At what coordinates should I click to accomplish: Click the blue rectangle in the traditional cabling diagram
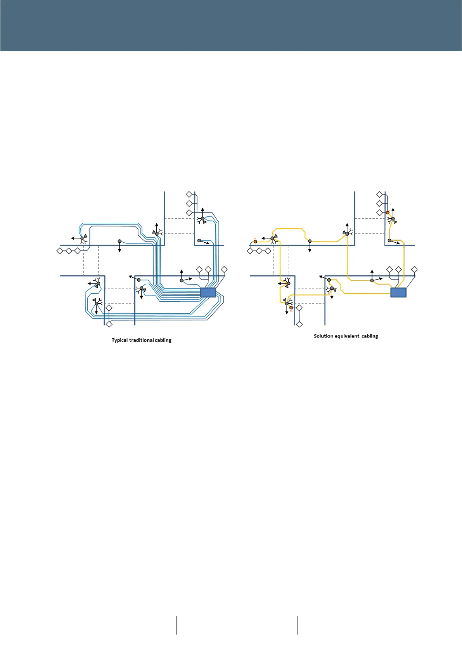208,292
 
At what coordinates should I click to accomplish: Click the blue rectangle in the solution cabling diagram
398,292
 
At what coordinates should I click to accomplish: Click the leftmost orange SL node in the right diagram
255,242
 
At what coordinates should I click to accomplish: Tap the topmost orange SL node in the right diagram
388,212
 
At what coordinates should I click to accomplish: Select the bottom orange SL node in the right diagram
291,308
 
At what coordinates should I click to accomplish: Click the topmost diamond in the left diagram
189,194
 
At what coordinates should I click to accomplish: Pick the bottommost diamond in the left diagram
109,324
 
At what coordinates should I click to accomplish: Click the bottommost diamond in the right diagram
299,324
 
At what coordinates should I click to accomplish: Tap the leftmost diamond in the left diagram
60,251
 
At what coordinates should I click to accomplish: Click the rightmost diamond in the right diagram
414,270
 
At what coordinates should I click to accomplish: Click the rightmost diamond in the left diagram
224,270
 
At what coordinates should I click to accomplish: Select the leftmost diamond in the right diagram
250,251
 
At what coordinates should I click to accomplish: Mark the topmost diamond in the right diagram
379,194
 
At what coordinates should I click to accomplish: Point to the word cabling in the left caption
163,340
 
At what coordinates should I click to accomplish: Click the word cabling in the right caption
370,336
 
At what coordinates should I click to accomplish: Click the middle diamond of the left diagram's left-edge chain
69,251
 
